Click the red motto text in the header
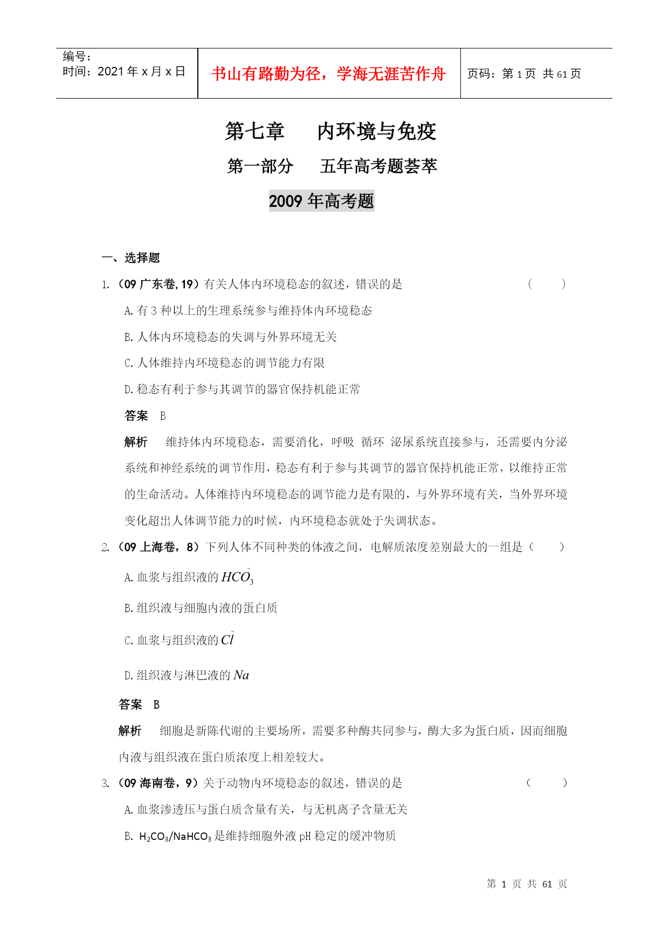[328, 74]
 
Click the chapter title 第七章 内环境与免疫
[330, 131]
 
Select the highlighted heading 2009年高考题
[321, 201]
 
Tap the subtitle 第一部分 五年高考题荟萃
[332, 166]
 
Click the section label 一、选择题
[131, 258]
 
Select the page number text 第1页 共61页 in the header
[524, 74]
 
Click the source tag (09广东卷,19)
[157, 284]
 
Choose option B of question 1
[231, 337]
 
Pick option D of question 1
[242, 390]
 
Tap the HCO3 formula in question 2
[237, 578]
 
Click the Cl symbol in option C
[227, 640]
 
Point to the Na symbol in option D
[241, 675]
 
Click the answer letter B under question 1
[163, 416]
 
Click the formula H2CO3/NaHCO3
[175, 836]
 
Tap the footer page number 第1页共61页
[527, 884]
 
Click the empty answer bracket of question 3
[546, 783]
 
